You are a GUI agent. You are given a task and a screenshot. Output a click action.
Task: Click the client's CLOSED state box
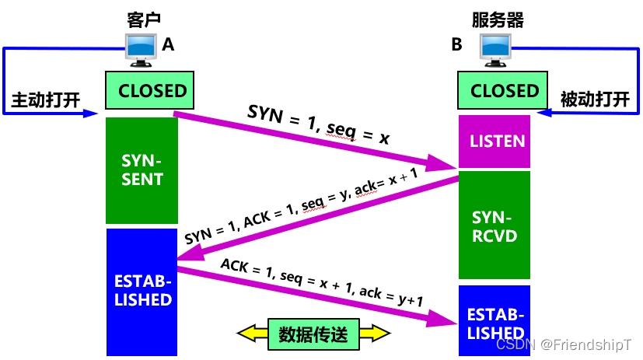click(x=149, y=91)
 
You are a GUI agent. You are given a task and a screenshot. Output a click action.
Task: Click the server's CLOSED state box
click(x=503, y=91)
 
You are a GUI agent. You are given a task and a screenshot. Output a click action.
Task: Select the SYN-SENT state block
click(x=142, y=170)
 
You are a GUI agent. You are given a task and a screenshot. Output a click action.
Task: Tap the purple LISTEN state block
click(x=495, y=142)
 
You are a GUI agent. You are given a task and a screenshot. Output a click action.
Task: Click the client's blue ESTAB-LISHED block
click(x=141, y=289)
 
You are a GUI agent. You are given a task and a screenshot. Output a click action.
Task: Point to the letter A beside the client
click(x=168, y=45)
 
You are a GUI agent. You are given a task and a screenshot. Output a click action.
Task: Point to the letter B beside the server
click(x=457, y=45)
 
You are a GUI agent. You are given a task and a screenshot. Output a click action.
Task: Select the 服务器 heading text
click(x=498, y=19)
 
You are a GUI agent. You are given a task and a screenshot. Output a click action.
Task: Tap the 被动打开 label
click(x=594, y=100)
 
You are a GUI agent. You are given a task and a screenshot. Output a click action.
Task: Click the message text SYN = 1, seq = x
click(x=318, y=123)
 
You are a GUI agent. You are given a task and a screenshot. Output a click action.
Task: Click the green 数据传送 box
click(x=313, y=334)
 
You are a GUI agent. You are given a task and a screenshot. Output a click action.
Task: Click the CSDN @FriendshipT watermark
click(x=564, y=344)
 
